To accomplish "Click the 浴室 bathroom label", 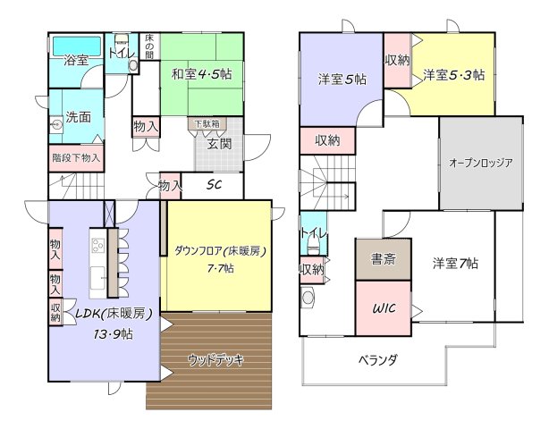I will (x=76, y=61).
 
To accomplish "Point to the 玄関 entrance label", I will (x=220, y=144).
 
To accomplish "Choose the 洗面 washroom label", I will (x=78, y=117).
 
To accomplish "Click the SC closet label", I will (x=215, y=186).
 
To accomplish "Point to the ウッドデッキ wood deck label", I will (x=215, y=359).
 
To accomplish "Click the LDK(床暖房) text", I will (x=113, y=314).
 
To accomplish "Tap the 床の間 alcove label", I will (x=150, y=44).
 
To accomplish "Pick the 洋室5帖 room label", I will (x=342, y=79).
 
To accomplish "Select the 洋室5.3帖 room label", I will (x=454, y=75).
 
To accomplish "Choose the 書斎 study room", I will (x=383, y=261).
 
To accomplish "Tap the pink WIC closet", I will (x=384, y=308).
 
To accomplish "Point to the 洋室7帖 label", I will (x=455, y=264).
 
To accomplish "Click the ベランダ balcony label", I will (x=378, y=359).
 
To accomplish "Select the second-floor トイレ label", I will (x=313, y=234).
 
